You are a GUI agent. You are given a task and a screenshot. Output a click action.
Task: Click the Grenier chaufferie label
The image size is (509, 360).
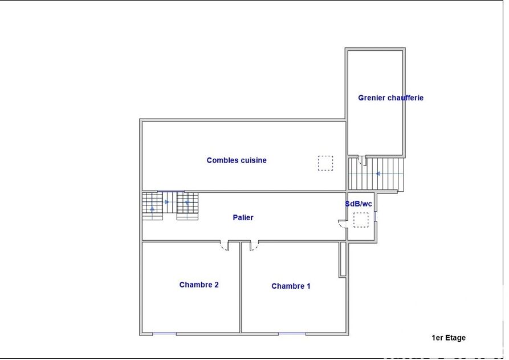[390, 98]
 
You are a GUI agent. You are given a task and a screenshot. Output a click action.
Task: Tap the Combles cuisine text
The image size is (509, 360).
[237, 160]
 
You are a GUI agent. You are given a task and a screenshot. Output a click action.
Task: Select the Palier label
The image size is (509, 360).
[243, 217]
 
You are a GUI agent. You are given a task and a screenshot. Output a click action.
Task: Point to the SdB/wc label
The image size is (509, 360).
[359, 204]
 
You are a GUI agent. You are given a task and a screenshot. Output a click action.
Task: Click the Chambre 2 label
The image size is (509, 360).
[199, 285]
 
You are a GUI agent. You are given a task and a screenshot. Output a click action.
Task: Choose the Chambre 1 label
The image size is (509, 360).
[291, 286]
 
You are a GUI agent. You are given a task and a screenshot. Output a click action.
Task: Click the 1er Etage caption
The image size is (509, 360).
[449, 338]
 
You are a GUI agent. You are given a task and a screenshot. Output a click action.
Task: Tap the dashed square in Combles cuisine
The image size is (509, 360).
[325, 163]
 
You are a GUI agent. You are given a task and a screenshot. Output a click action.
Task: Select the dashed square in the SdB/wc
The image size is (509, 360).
[361, 220]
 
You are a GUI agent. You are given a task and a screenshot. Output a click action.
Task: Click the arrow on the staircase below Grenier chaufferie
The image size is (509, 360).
[377, 174]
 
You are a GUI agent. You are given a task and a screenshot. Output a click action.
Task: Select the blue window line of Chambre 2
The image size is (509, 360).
[164, 333]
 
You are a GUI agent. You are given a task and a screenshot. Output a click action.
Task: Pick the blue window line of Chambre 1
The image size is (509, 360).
[292, 333]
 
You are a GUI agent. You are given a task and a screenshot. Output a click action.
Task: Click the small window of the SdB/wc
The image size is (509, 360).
[376, 216]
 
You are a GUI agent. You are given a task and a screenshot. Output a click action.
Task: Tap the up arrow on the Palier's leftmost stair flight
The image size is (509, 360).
[152, 208]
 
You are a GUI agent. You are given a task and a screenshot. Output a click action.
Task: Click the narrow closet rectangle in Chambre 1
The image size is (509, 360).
[343, 259]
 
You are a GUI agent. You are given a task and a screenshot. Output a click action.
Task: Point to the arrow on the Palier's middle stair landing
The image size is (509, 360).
[167, 202]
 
